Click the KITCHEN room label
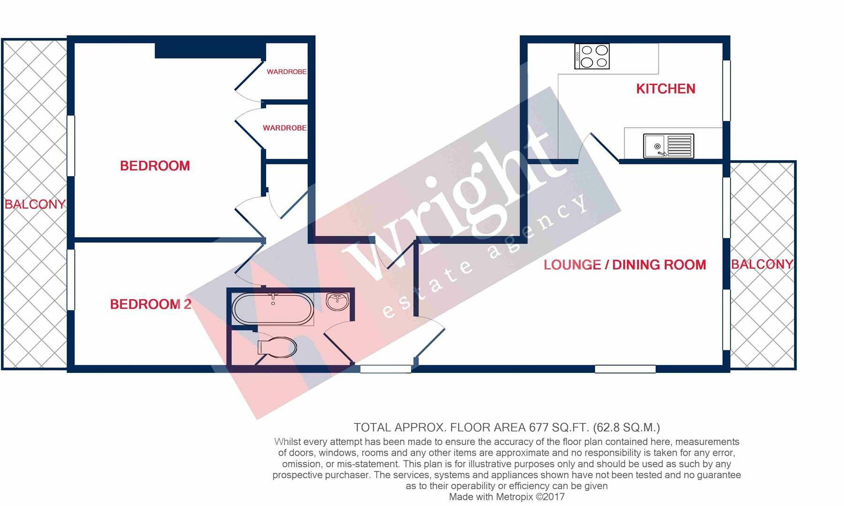coord(665,89)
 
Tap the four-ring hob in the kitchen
coord(592,57)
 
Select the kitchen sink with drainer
coord(668,146)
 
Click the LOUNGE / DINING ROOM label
coord(625,265)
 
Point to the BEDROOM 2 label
coord(150,305)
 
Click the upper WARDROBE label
coord(286,72)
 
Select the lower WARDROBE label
coord(284,128)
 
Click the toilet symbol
coord(277,347)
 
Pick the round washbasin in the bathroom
coord(337,302)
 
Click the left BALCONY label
coord(35,204)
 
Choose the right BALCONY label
coord(762,264)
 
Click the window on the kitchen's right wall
coord(726,90)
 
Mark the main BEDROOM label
coord(155,166)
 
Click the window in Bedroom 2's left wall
coord(71,280)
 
